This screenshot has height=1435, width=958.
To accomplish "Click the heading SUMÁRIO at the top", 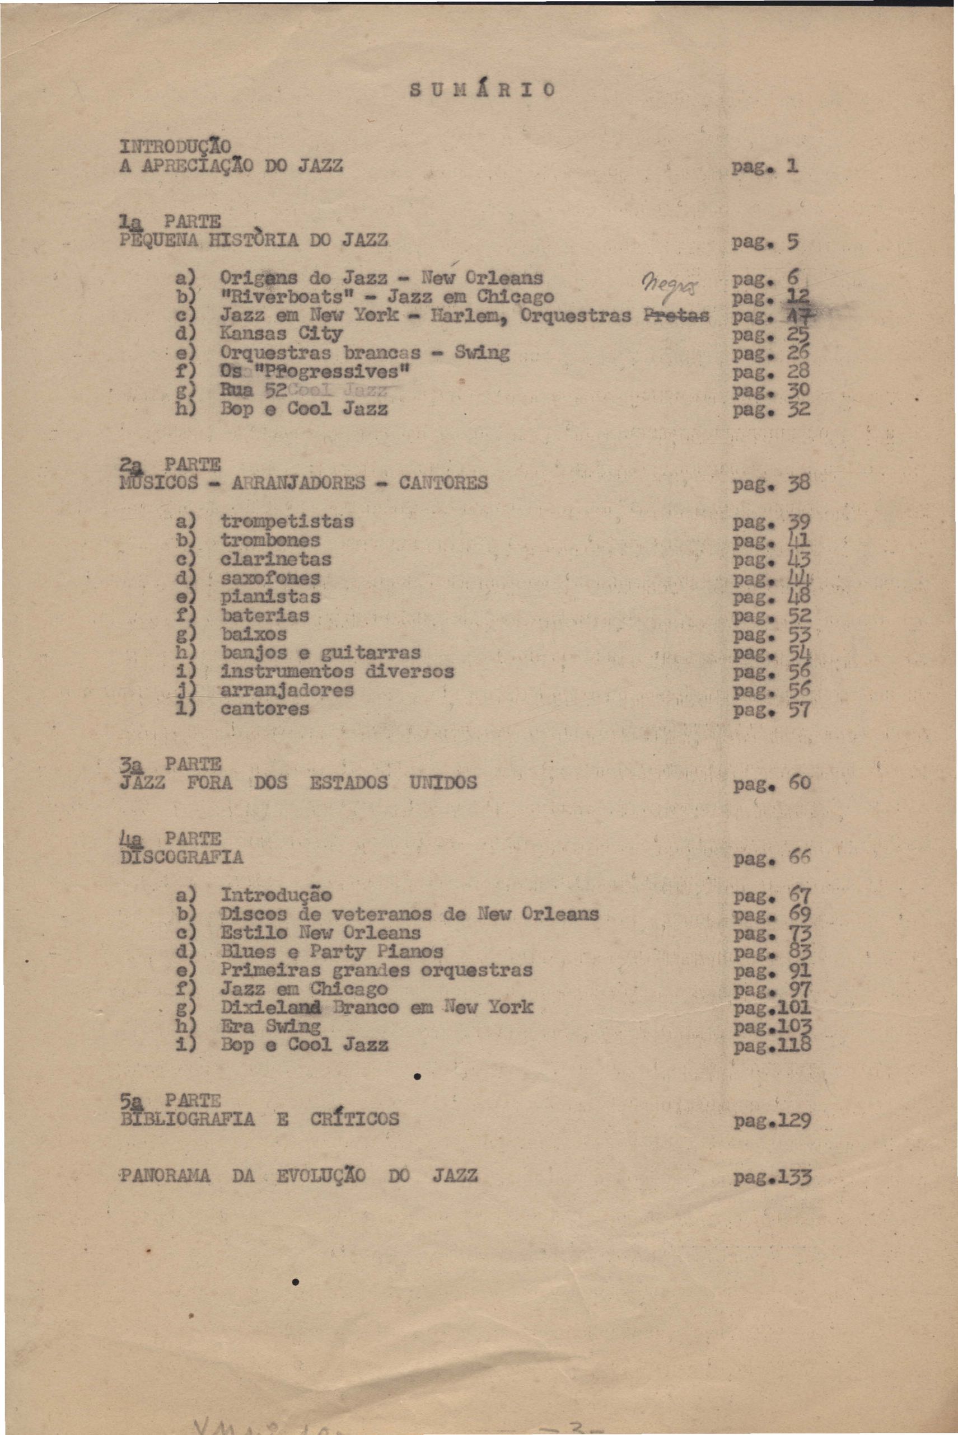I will click(x=482, y=90).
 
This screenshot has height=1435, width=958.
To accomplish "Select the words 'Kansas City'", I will click(x=281, y=334).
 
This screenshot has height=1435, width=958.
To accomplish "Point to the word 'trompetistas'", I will click(x=287, y=522).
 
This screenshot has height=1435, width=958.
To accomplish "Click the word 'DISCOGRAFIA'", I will click(x=182, y=857).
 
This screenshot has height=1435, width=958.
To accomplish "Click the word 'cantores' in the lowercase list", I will click(x=264, y=709).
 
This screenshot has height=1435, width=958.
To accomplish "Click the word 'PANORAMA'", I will click(x=165, y=1175).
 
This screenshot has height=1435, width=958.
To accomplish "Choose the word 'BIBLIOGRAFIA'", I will click(x=188, y=1119).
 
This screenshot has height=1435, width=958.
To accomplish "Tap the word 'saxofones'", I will click(x=270, y=578).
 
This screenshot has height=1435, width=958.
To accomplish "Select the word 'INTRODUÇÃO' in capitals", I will click(x=175, y=147).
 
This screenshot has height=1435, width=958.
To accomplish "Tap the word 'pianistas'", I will click(x=270, y=597).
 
